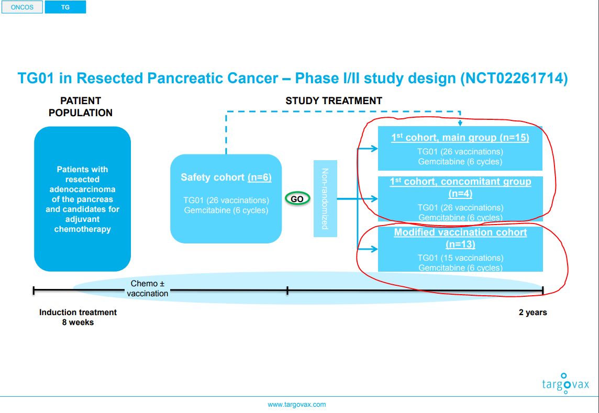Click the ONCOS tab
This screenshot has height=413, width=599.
click(x=22, y=7)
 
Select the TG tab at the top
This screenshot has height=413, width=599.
click(x=65, y=7)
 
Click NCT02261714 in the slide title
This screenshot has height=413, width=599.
click(x=514, y=79)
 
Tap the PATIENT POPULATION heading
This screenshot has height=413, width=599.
click(x=81, y=107)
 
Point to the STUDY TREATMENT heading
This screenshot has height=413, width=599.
click(x=334, y=101)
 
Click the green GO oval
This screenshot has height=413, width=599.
click(x=297, y=199)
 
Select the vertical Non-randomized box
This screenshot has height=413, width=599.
click(x=325, y=199)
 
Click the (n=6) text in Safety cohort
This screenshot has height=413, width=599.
click(x=260, y=177)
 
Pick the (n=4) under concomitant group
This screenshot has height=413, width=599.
click(x=460, y=194)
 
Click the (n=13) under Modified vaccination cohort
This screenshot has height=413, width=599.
click(x=460, y=244)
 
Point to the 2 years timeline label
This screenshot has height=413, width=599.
click(x=533, y=312)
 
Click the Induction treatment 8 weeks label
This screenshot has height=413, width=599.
click(x=78, y=317)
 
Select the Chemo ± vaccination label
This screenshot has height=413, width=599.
click(x=148, y=288)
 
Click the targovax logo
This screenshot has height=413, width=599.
click(x=566, y=383)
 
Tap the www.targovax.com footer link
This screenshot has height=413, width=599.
click(x=297, y=405)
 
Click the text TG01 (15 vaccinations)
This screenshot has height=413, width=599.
click(x=460, y=258)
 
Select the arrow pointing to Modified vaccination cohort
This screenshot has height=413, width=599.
click(x=368, y=249)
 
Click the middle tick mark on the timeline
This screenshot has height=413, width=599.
click(x=287, y=291)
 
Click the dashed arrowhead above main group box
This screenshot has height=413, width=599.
click(x=460, y=123)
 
